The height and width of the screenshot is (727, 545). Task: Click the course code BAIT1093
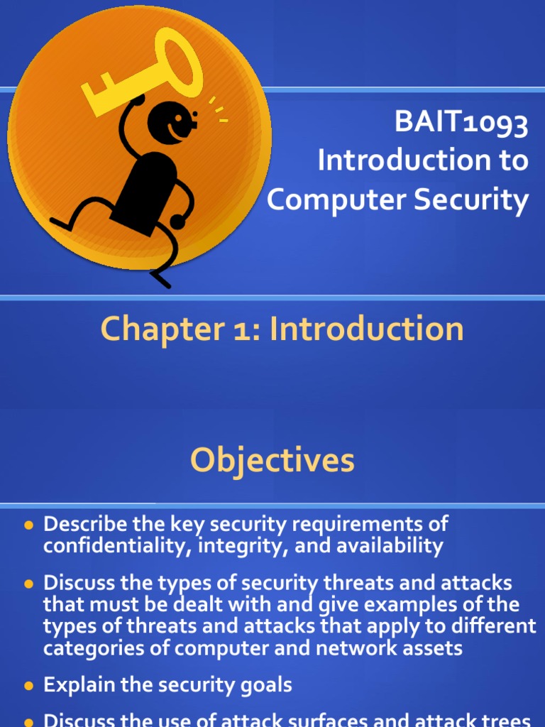(x=461, y=124)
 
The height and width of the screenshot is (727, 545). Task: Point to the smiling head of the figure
(x=170, y=122)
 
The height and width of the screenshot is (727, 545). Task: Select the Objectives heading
(x=272, y=461)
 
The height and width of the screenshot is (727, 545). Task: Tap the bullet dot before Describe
(x=29, y=525)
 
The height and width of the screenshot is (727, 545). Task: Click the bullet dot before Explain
(x=29, y=687)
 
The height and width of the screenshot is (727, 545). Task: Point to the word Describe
(x=84, y=524)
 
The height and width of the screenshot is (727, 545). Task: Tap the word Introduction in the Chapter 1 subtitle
(x=368, y=329)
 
